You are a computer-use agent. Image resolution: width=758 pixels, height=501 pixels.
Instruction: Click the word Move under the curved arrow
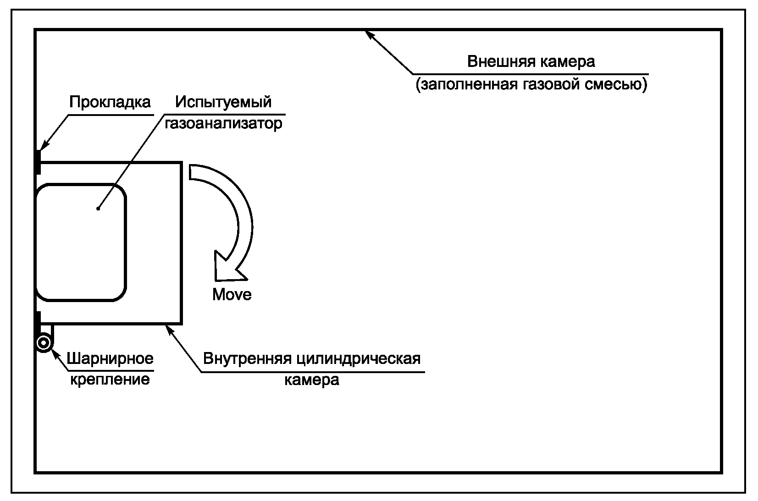232,294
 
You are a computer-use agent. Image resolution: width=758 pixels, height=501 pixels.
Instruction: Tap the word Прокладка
110,102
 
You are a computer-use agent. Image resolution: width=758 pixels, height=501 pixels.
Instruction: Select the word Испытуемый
224,102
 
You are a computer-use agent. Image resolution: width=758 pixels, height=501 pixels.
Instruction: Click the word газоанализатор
224,124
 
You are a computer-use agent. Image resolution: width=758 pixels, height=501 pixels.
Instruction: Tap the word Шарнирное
110,358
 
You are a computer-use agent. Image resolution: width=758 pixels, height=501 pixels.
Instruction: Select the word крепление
110,380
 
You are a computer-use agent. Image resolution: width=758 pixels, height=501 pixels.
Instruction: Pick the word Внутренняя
247,358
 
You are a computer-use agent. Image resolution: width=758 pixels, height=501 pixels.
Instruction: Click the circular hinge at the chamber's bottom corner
44,342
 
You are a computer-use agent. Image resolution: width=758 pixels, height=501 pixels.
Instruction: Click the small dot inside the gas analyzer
98,209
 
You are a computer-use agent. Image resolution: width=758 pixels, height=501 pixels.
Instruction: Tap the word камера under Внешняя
567,61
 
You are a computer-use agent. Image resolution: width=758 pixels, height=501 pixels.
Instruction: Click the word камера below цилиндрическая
312,380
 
